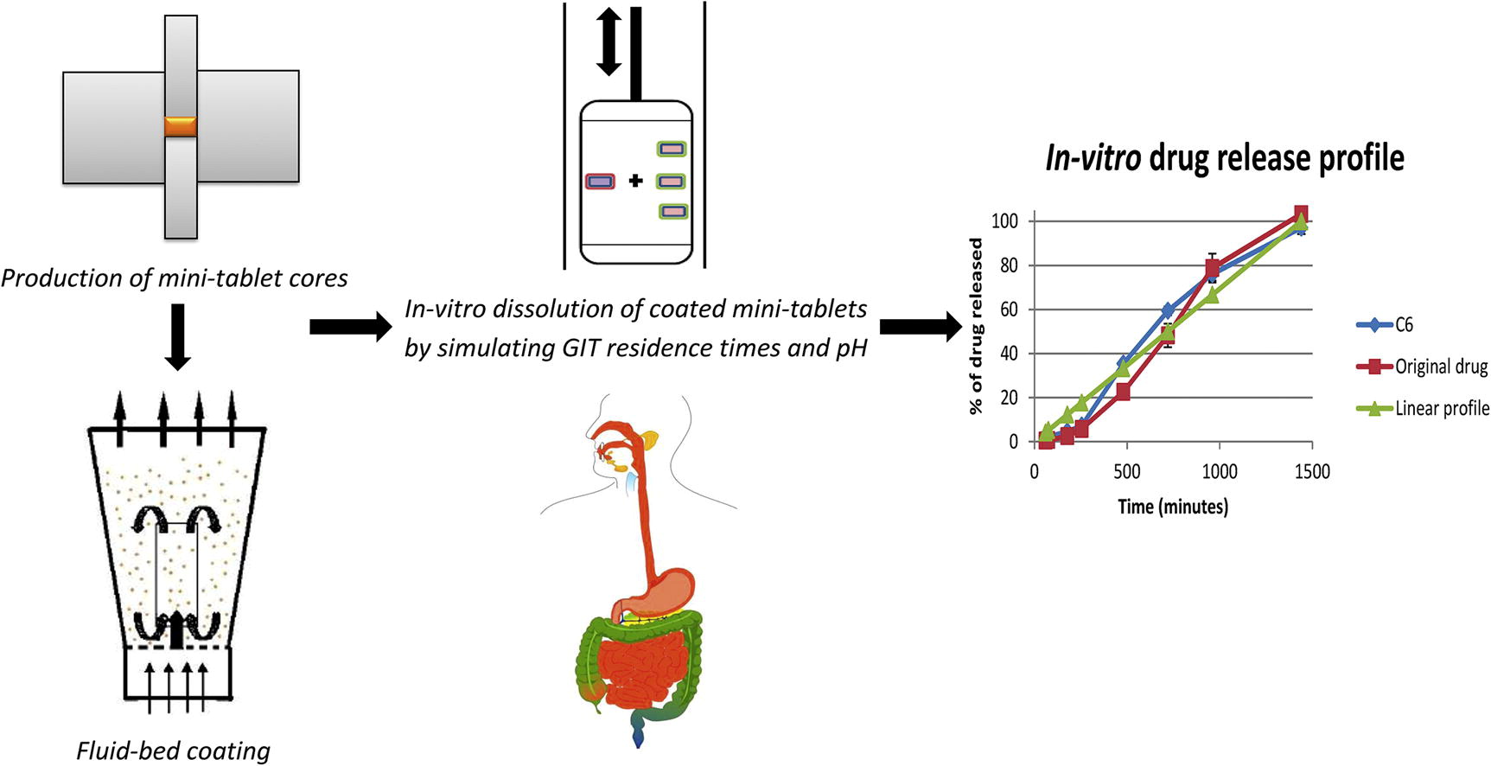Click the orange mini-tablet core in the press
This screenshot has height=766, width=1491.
181,126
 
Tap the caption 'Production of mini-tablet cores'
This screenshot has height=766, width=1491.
175,278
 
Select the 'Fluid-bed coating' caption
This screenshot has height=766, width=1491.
173,750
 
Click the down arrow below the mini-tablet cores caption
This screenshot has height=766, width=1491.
177,336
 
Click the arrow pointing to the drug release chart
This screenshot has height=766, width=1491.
921,327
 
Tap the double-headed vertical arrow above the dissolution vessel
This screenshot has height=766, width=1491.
609,41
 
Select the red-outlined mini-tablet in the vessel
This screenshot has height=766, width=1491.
600,182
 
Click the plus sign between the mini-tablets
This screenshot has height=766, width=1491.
636,181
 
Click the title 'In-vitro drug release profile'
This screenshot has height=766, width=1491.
1224,158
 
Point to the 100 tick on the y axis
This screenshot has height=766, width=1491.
1004,221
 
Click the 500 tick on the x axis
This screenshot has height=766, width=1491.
1126,472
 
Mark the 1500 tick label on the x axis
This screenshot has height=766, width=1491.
1311,472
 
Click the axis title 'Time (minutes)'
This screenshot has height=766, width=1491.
1172,507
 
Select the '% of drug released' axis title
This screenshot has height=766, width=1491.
977,327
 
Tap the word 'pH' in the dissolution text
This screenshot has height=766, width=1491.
851,348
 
